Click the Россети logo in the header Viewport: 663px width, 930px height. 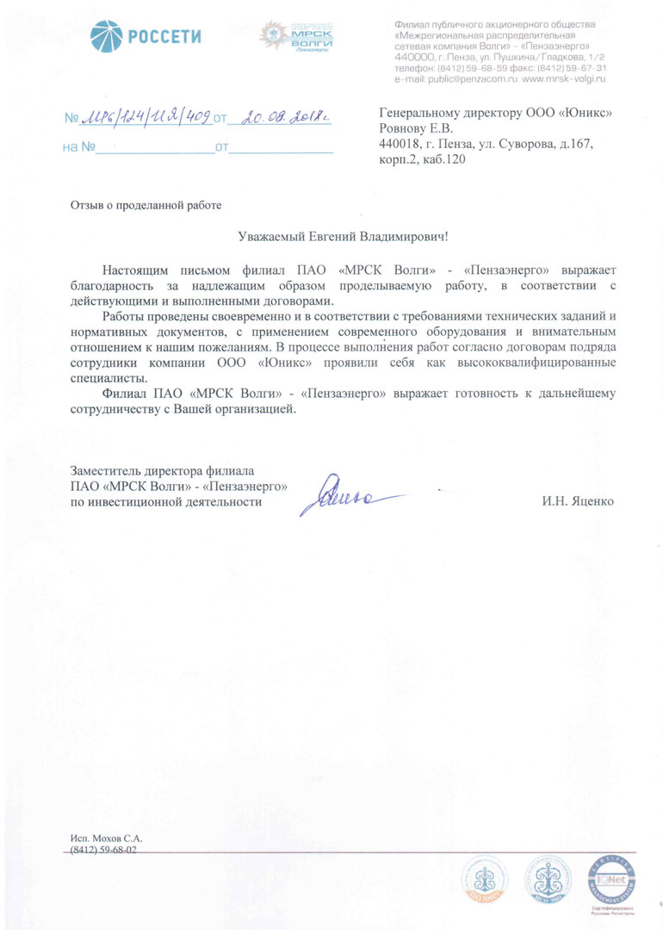click(x=146, y=36)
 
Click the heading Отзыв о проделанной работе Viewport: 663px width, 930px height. click(x=146, y=205)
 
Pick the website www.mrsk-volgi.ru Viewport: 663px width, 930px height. click(x=565, y=78)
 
